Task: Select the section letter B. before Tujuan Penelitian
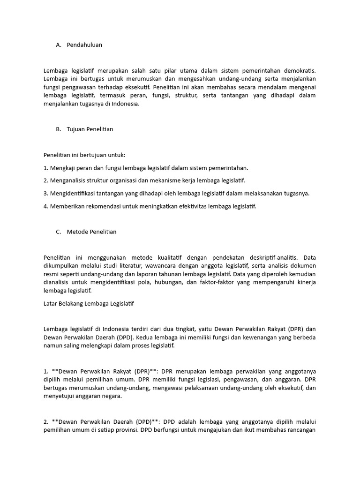point(58,129)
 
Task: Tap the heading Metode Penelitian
point(91,232)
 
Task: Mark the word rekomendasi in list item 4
point(101,206)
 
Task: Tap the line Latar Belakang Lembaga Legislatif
point(89,303)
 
